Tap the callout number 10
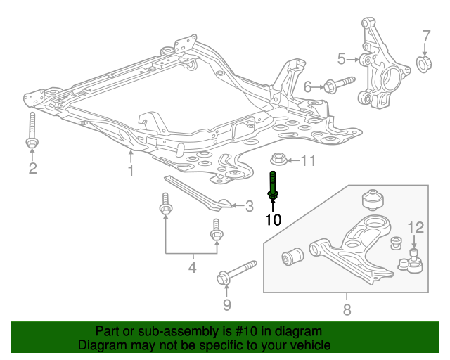[273, 220]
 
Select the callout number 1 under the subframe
[130, 171]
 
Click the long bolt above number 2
[32, 131]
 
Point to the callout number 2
[32, 167]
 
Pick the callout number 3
[248, 206]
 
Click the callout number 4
[191, 267]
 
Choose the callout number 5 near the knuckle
[342, 58]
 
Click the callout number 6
[307, 87]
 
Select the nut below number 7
[425, 65]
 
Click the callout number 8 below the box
[347, 309]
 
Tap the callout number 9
[226, 304]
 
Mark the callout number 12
[416, 227]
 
